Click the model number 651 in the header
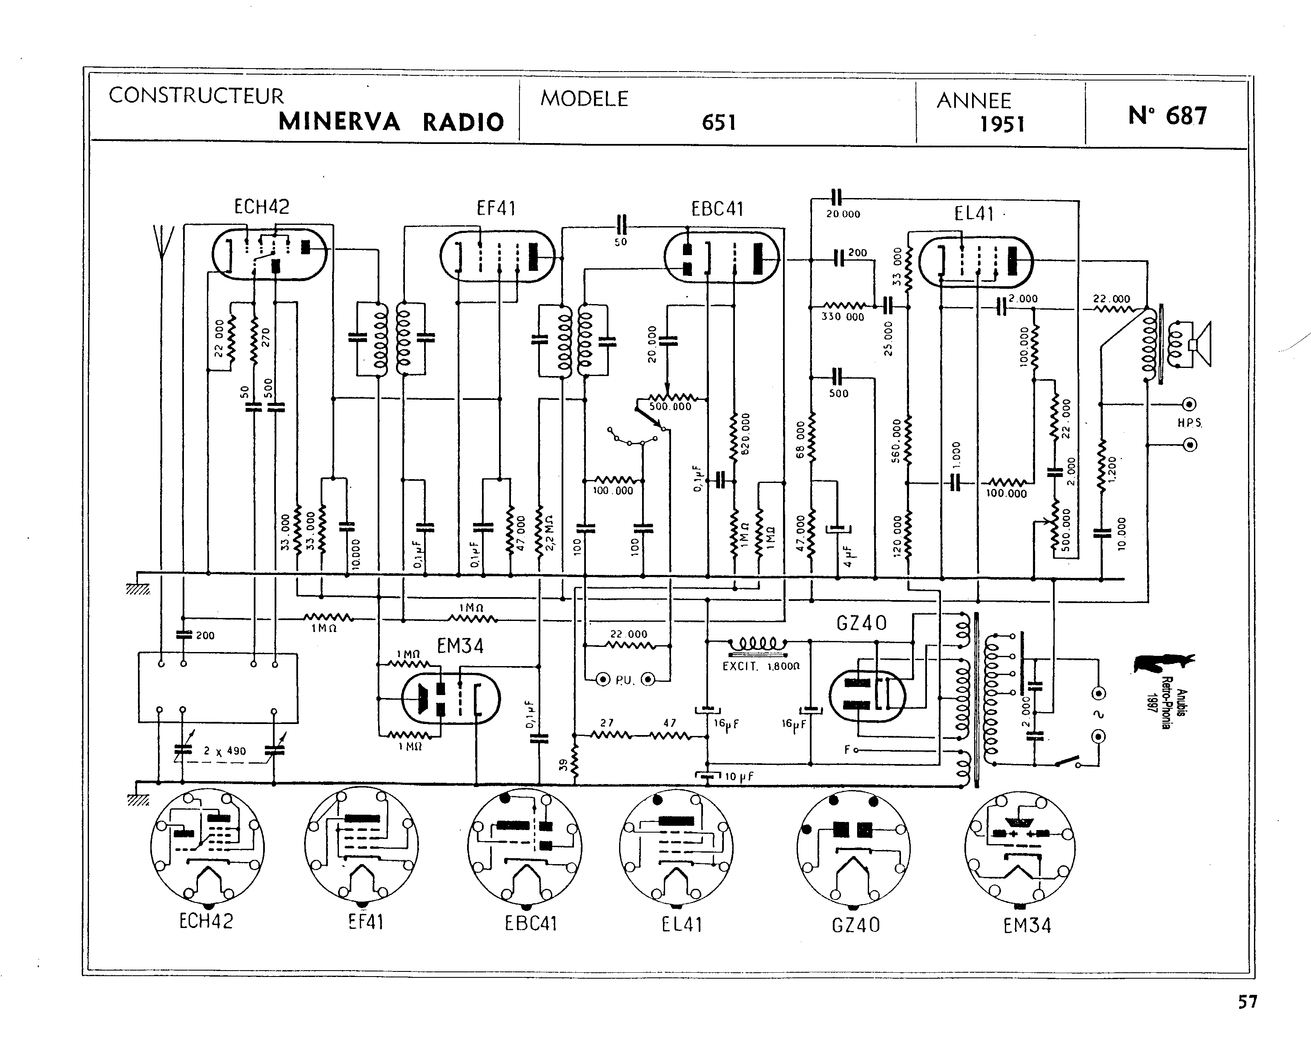click(x=719, y=123)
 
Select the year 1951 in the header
click(x=1002, y=124)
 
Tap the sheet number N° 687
click(x=1167, y=116)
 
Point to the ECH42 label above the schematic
click(x=261, y=207)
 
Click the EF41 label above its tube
click(x=496, y=209)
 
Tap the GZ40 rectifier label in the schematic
click(x=861, y=623)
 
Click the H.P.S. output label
click(x=1189, y=422)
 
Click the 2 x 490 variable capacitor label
click(x=225, y=751)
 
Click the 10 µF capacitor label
click(x=739, y=776)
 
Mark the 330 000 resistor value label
click(x=842, y=316)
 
